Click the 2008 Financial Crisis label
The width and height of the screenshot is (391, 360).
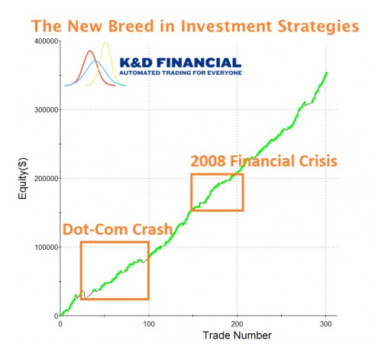tap(263, 162)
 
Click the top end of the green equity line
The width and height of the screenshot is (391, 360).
tap(327, 73)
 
